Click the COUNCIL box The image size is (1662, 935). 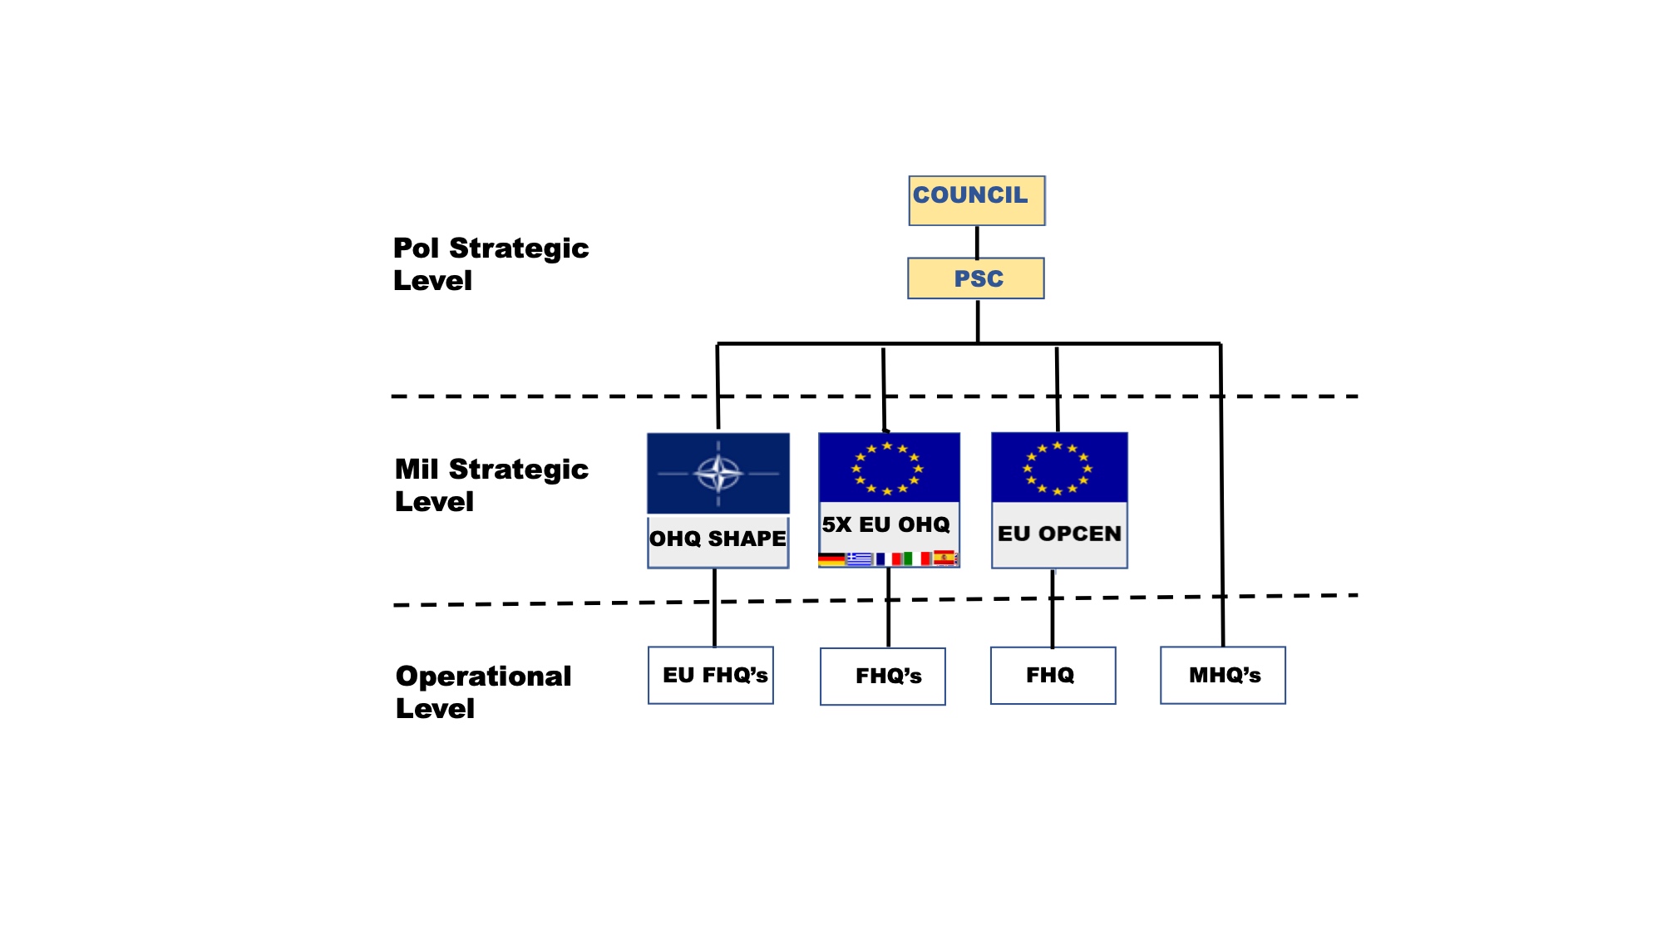976,199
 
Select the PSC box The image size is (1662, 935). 976,278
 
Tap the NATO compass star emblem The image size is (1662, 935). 718,474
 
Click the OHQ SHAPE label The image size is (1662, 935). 718,539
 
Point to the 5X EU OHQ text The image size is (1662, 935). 886,524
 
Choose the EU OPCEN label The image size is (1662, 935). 1059,534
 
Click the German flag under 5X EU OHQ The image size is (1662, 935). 831,559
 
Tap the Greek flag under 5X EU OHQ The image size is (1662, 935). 859,559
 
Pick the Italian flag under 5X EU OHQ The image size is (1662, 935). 919,559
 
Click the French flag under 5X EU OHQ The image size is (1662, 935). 887,559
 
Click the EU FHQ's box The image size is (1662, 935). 711,675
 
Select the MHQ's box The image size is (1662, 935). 1223,675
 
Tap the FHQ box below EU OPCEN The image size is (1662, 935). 1053,675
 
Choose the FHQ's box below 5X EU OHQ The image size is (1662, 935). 883,676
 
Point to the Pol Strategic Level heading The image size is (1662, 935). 491,264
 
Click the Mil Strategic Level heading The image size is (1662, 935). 491,485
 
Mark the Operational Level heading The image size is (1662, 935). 483,692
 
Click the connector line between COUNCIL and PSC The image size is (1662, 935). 977,242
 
